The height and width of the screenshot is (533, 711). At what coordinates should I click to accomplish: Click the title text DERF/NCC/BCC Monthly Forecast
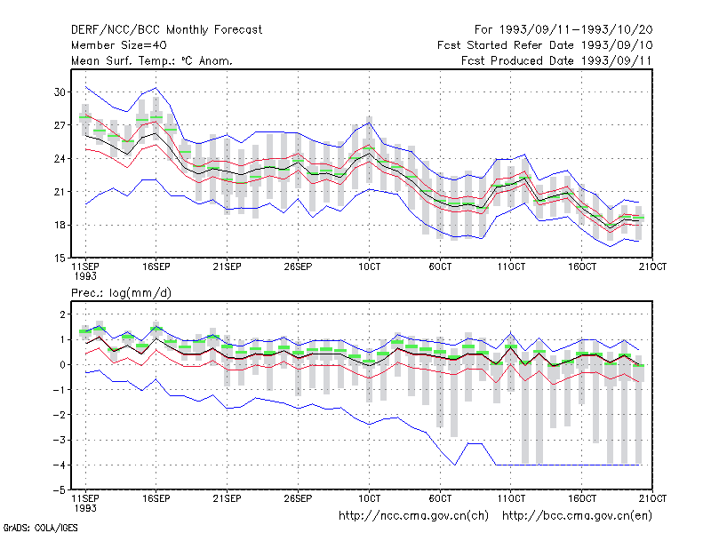166,30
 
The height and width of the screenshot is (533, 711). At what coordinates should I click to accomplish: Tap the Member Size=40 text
119,45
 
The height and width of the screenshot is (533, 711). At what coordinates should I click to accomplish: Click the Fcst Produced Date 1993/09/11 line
556,60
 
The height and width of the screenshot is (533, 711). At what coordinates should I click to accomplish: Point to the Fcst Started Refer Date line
545,45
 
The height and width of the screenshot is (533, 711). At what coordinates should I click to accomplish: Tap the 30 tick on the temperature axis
60,92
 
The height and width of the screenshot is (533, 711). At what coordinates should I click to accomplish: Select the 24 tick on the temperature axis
60,159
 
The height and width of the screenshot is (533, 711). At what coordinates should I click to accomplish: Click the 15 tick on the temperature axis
60,259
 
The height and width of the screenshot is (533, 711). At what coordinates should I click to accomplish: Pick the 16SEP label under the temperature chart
156,266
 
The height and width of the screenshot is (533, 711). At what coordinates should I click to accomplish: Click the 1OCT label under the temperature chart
369,266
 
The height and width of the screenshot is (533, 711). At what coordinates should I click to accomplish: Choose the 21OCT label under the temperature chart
652,266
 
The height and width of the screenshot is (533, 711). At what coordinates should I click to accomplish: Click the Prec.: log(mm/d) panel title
121,293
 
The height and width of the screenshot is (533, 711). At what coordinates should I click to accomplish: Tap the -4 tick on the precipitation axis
59,465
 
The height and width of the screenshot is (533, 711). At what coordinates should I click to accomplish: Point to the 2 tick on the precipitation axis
62,314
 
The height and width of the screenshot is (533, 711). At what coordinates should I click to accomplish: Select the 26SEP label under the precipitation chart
298,498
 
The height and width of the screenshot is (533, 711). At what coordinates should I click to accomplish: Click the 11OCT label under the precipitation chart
511,498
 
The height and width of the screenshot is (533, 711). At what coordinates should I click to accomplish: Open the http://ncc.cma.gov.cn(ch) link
413,516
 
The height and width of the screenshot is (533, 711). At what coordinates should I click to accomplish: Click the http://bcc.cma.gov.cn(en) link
577,516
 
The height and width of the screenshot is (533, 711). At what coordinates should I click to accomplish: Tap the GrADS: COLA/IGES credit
40,528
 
